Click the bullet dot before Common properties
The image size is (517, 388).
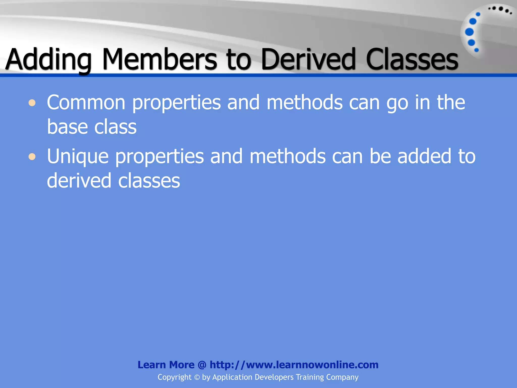coord(32,103)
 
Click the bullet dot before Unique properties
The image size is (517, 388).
coord(32,157)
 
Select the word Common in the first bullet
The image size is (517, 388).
coord(86,102)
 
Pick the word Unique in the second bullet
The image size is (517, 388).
coord(78,157)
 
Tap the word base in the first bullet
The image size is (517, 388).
coord(67,127)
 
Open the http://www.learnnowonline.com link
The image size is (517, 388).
coord(294,365)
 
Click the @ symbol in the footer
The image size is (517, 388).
coord(202,365)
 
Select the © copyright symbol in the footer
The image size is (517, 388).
coord(197,377)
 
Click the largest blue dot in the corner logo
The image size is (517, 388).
coord(469,32)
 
